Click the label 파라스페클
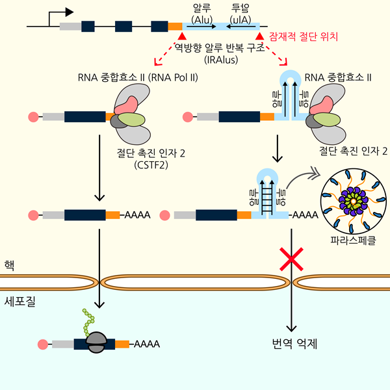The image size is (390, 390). [352, 240]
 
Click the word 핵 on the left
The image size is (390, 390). [10, 265]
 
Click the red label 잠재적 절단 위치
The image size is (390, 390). [304, 38]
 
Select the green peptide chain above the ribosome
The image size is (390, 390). [87, 320]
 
